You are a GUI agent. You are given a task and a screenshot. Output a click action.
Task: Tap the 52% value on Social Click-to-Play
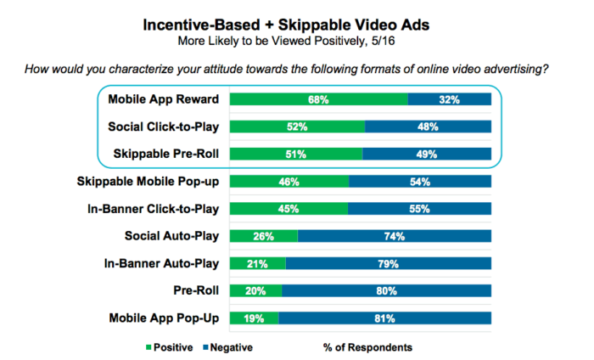click(297, 127)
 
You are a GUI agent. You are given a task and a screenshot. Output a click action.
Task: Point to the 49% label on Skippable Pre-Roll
click(426, 154)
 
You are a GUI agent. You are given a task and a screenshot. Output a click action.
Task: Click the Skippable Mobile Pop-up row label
click(149, 181)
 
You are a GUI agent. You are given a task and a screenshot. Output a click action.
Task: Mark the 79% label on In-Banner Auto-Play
click(389, 263)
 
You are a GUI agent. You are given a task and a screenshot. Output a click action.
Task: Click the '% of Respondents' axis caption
click(367, 346)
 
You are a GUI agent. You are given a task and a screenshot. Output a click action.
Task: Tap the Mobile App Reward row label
click(164, 99)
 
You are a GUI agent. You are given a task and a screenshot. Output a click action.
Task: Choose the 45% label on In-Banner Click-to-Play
click(289, 209)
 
